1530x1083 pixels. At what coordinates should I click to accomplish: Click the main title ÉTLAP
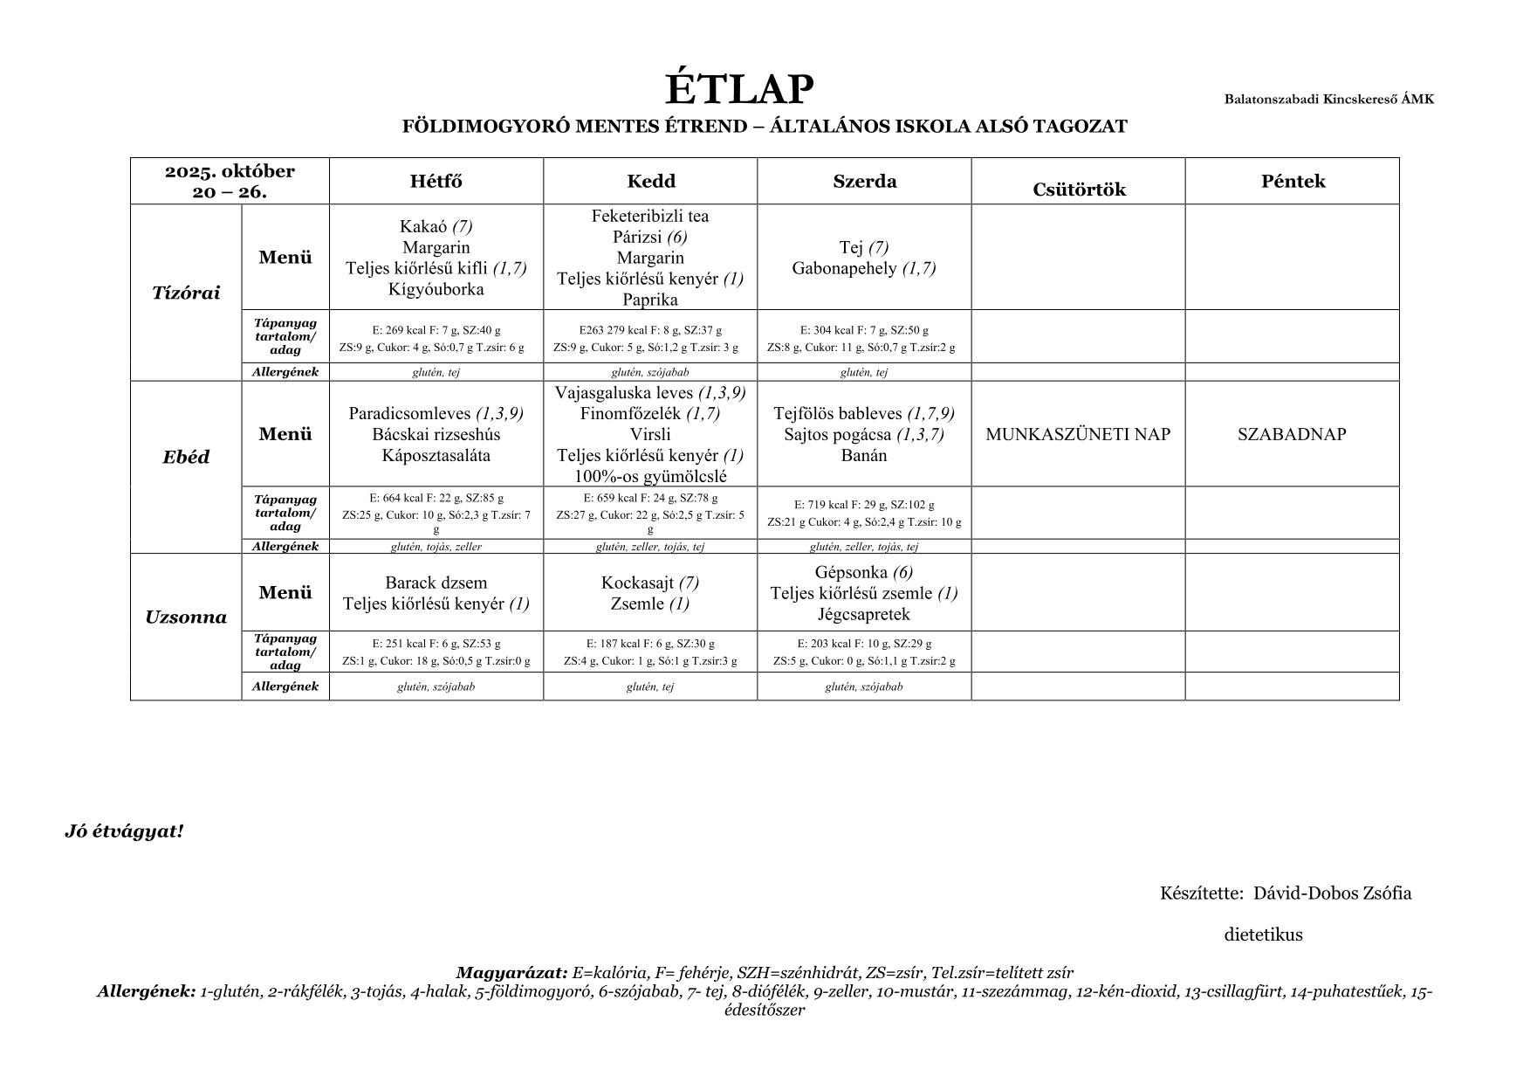739,89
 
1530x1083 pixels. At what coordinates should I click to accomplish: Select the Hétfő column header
436,182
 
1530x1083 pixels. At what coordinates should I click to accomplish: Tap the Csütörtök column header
1078,190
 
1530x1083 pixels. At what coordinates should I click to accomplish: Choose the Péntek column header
1292,182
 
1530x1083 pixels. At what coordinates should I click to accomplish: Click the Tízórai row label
186,293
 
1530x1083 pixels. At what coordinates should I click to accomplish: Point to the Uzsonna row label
186,617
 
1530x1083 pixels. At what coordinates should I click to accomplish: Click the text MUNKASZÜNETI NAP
1078,434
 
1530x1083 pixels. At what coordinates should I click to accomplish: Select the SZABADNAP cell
1292,434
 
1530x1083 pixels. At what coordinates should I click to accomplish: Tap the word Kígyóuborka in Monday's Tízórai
436,289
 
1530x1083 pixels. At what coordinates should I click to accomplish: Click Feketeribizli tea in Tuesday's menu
650,216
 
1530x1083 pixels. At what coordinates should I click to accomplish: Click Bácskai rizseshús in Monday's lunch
436,434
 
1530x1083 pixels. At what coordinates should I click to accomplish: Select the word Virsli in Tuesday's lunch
650,434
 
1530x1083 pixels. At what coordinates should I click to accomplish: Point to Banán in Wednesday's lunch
864,455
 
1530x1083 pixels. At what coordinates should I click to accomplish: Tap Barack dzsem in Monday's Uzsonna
436,583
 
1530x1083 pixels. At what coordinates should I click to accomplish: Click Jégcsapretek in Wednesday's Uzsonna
864,614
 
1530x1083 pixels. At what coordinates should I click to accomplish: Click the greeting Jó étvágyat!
124,831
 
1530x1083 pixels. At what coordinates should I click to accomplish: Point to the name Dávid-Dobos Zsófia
1332,893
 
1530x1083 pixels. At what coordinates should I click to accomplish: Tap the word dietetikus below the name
1263,935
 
